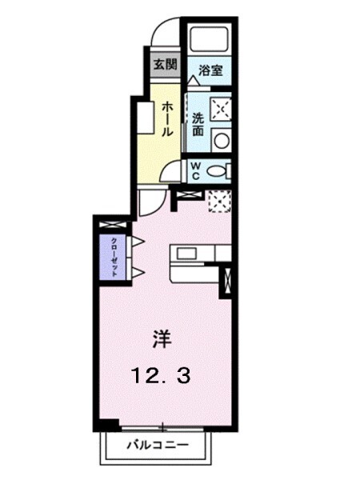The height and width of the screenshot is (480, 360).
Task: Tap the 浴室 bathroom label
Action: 210,70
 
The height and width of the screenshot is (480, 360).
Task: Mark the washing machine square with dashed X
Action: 219,108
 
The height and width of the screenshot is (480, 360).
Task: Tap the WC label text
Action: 194,170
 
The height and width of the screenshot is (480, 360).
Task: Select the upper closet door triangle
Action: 137,241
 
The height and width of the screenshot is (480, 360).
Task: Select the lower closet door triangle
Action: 137,273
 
